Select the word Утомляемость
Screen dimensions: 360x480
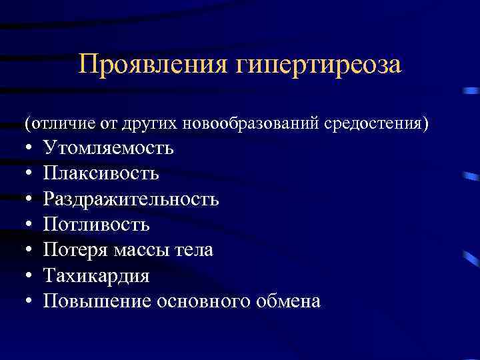[x=109, y=148]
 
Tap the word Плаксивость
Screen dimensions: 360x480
[x=101, y=173]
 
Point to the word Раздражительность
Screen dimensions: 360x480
[x=131, y=199]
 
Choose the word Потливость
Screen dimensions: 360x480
[x=97, y=225]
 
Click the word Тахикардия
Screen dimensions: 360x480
[x=97, y=276]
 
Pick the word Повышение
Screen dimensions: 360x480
[x=97, y=301]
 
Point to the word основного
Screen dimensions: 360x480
[x=203, y=301]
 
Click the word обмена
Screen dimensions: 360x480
[x=288, y=301]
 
